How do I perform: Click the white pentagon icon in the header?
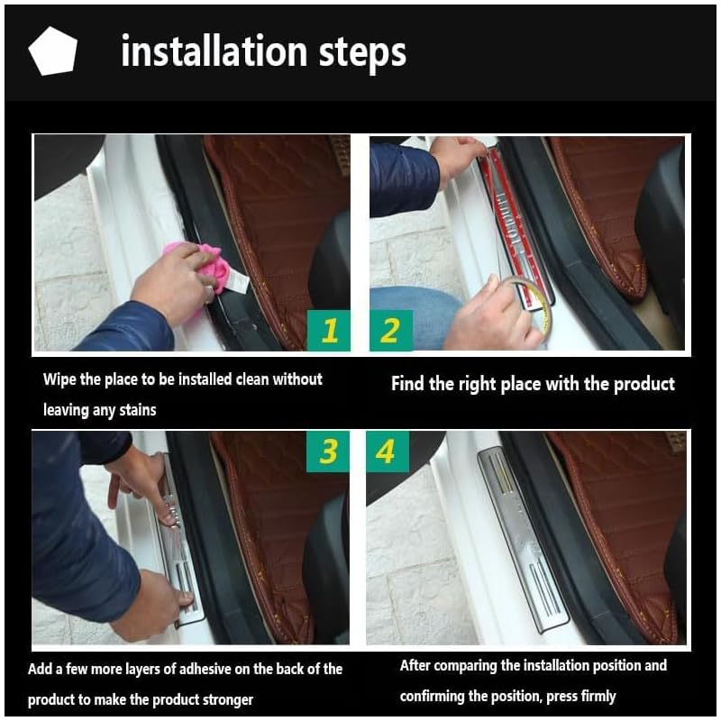click(x=53, y=51)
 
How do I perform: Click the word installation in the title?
click(x=214, y=50)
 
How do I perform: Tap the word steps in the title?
click(x=363, y=54)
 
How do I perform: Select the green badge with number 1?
click(x=328, y=330)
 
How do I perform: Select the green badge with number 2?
click(x=391, y=330)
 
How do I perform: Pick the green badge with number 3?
click(x=328, y=452)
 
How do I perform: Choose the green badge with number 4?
click(x=388, y=452)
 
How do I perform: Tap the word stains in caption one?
click(x=138, y=410)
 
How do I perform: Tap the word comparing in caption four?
click(x=465, y=666)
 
